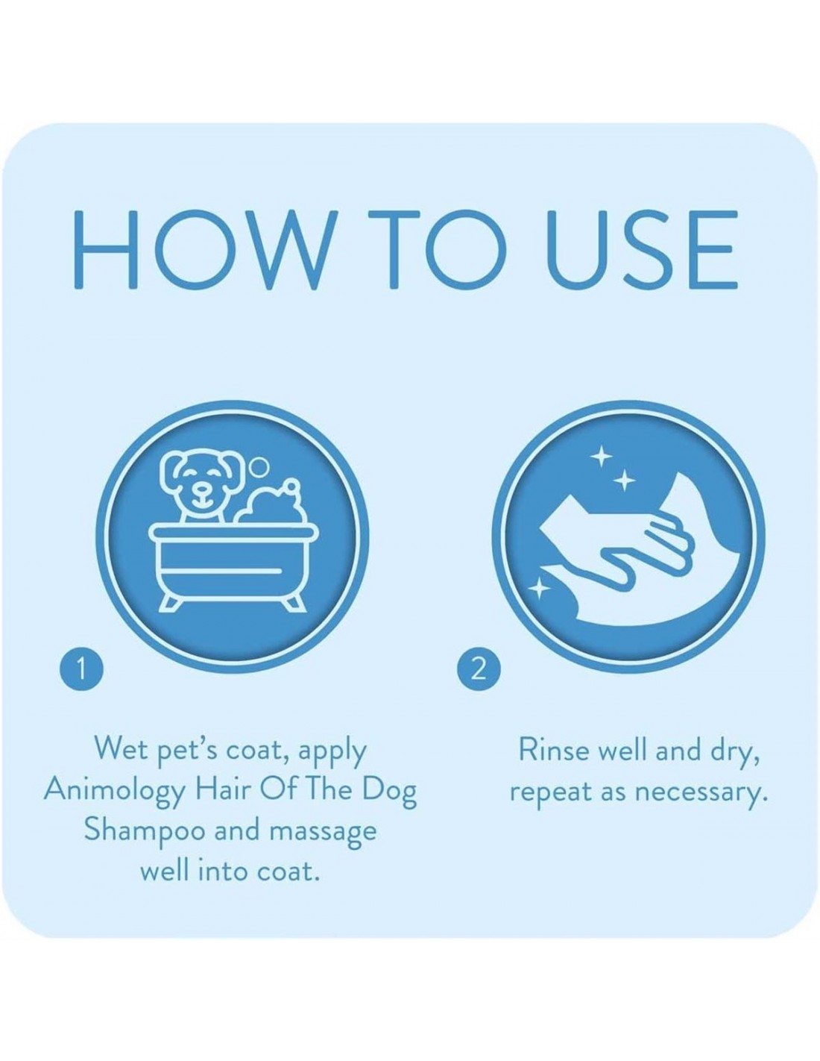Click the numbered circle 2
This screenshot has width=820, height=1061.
[479, 670]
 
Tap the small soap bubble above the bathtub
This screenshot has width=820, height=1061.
[258, 466]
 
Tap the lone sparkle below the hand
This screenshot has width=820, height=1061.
[539, 589]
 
